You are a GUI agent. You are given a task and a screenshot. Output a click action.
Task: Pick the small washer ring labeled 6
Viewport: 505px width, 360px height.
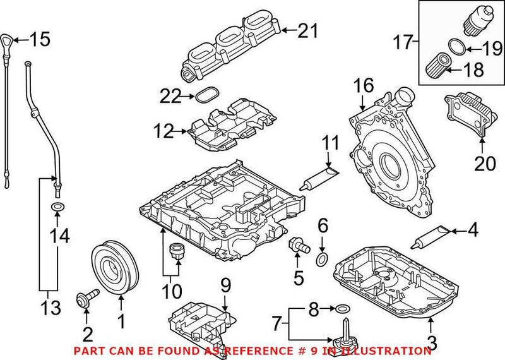point(322,259)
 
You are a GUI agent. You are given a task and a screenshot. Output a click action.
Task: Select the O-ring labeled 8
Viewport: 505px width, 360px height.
point(341,309)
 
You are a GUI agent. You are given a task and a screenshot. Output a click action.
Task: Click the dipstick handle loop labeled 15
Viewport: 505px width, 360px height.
point(8,39)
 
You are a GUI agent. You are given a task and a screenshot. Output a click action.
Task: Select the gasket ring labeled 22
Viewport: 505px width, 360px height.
point(205,97)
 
